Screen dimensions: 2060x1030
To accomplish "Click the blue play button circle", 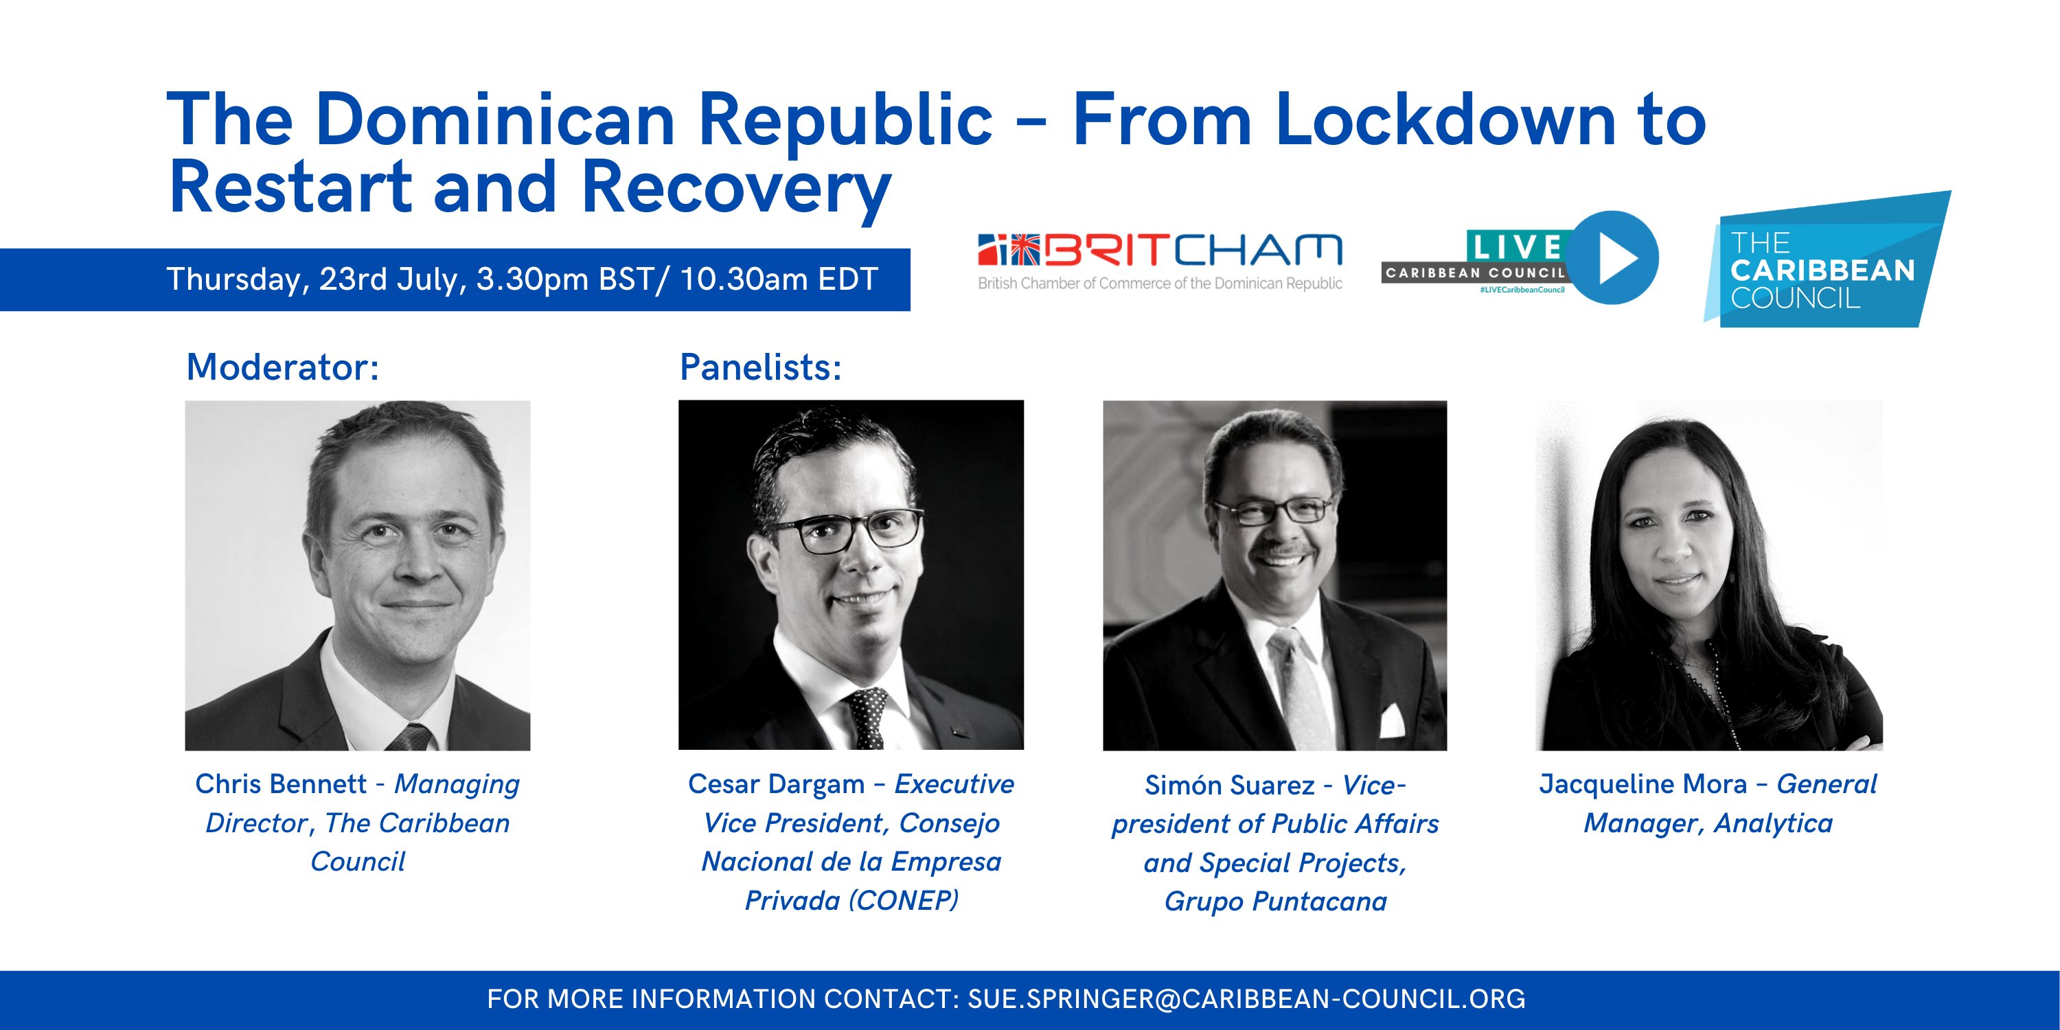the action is pos(1613,257).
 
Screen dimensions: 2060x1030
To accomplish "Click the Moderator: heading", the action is pos(282,367).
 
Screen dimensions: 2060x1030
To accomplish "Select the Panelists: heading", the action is pos(761,367).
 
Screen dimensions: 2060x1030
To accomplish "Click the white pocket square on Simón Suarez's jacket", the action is pos(1391,720).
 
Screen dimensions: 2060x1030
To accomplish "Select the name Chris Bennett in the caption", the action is pos(281,783).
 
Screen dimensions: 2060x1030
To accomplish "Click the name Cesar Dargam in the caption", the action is pos(777,784).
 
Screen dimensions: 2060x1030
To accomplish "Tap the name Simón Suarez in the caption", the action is pos(1229,786).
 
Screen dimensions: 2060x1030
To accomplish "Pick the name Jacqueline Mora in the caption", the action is pos(1643,784).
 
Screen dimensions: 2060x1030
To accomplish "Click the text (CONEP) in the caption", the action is pos(904,901).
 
